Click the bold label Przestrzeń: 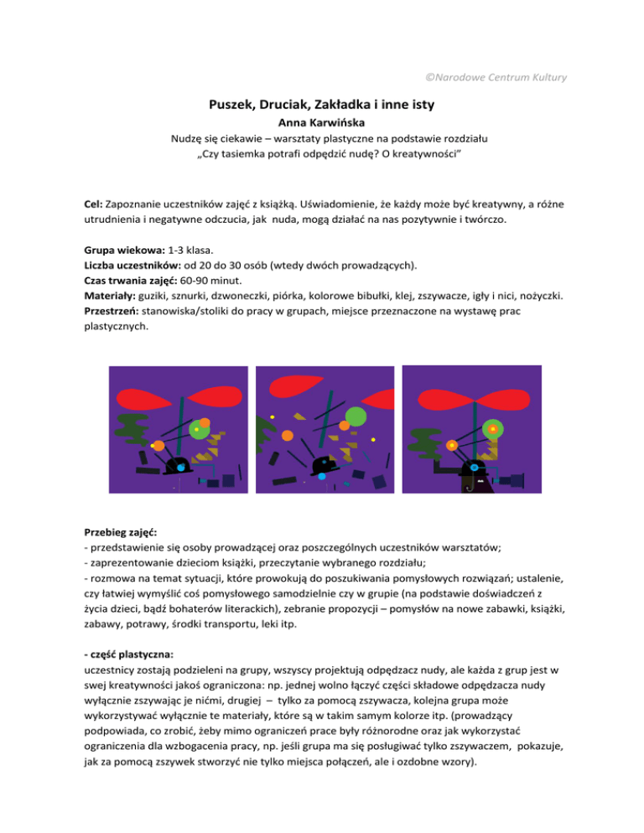(112, 312)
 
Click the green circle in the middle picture (356, 416)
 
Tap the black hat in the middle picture (324, 463)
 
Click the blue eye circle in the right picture (474, 466)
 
